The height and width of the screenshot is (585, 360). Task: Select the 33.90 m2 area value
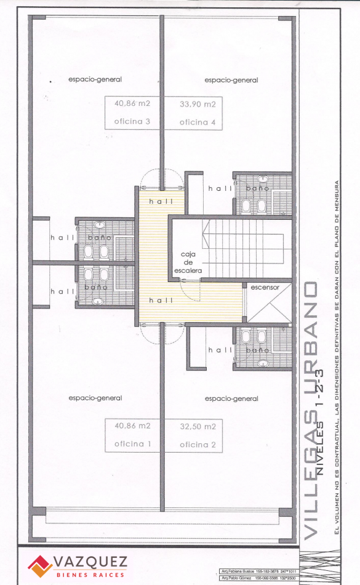pos(198,103)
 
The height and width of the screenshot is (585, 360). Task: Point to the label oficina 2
pos(198,445)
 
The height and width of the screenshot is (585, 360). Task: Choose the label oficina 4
pos(198,123)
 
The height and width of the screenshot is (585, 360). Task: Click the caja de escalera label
pos(191,262)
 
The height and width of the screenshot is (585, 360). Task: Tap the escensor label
pos(265,287)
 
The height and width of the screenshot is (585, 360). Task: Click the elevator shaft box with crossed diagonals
pos(268,307)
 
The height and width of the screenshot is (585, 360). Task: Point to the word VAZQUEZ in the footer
pos(90,561)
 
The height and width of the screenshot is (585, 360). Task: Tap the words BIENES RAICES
pos(90,574)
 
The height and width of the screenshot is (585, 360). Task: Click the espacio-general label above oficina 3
pos(95,79)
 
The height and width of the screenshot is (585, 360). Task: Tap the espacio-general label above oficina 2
pos(231,398)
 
